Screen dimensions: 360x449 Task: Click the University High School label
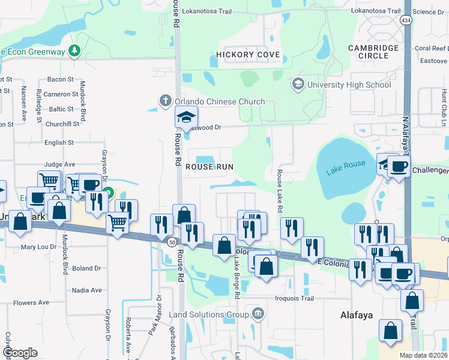click(349, 85)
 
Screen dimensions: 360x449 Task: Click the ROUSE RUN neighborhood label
click(209, 166)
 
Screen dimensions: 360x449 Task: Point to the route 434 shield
click(406, 21)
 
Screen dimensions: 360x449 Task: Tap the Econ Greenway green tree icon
click(74, 50)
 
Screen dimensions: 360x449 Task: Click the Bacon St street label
click(60, 79)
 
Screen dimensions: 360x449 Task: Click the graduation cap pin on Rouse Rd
click(187, 117)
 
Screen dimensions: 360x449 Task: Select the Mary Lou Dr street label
click(39, 247)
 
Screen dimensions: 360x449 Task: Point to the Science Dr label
click(429, 11)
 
